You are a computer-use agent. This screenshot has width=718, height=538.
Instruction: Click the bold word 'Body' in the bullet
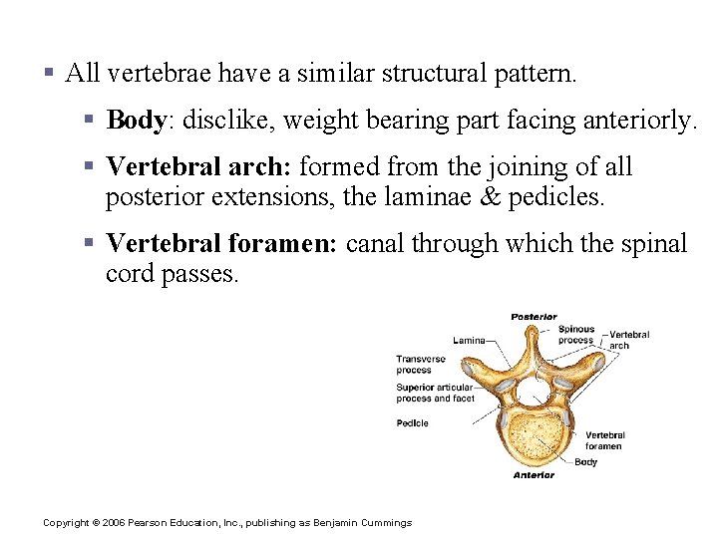pos(136,121)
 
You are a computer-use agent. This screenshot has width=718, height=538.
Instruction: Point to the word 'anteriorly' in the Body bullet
pos(642,121)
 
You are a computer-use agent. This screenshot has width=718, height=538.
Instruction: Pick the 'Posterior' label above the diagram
pos(534,317)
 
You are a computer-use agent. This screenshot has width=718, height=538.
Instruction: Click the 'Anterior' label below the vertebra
pos(534,475)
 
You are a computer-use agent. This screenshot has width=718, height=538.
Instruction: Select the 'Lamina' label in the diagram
pos(469,340)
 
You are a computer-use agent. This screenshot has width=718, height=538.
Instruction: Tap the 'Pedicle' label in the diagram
pos(412,422)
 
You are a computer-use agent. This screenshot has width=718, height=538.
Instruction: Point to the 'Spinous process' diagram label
pos(575,335)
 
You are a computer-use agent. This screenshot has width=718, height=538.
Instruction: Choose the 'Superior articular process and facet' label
pos(435,394)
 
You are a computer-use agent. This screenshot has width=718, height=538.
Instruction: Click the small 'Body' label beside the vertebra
pos(586,461)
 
